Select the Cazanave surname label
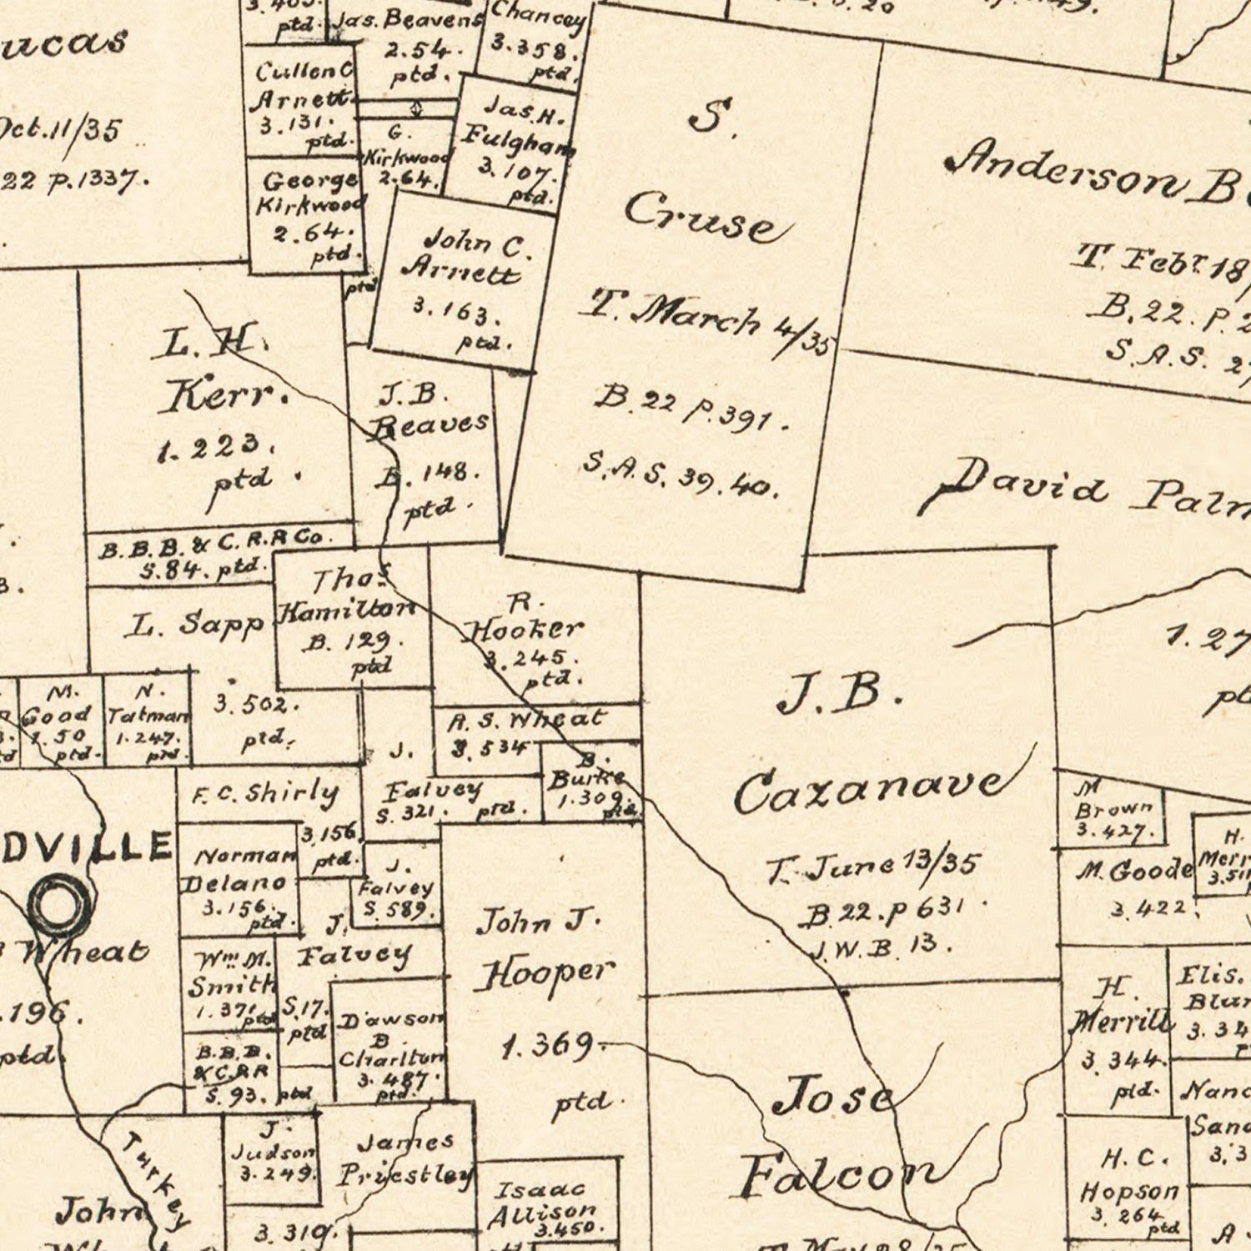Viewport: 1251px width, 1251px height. (867, 790)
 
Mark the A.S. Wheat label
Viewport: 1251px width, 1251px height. (527, 719)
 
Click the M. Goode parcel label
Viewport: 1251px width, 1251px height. (1134, 871)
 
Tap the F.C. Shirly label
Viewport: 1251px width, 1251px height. (265, 793)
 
